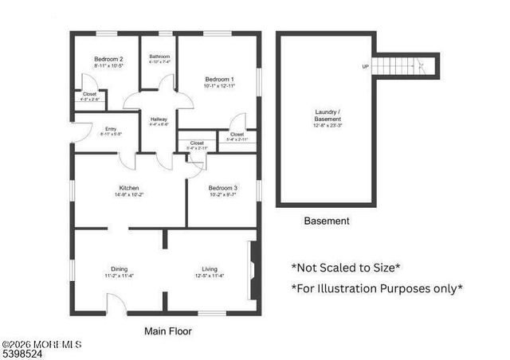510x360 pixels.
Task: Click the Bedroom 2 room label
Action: [x=108, y=59]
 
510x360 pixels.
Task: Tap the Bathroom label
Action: [x=159, y=56]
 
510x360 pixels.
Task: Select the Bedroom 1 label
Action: [x=219, y=79]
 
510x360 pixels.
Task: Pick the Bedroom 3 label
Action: [x=223, y=188]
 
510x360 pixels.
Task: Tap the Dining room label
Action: [x=120, y=269]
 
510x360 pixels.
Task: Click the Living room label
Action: [x=210, y=269]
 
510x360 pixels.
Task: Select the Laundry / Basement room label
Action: [x=327, y=118]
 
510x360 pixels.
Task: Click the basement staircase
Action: [x=406, y=66]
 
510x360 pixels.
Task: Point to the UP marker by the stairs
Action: [x=366, y=66]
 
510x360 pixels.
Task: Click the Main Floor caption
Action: [x=167, y=331]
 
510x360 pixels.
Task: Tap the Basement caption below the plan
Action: [x=327, y=221]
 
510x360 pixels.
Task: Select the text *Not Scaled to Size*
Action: [x=346, y=268]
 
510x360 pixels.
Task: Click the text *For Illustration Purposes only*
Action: [x=377, y=288]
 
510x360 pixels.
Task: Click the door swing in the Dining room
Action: [x=116, y=303]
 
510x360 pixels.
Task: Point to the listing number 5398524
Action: [x=22, y=353]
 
